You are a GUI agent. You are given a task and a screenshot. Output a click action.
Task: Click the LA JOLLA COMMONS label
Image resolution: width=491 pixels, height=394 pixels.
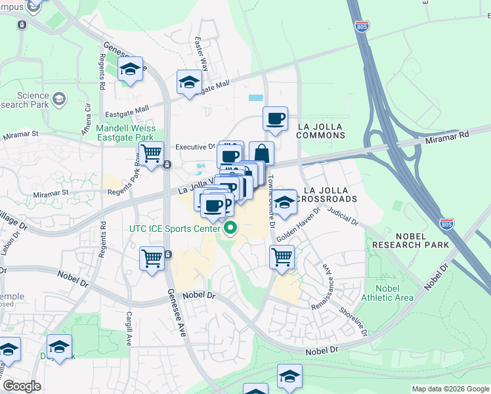(320, 130)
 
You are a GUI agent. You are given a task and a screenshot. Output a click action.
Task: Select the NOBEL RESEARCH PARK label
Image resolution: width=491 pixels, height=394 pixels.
(410, 239)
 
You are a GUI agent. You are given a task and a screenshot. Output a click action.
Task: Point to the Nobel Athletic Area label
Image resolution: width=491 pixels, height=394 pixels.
(395, 293)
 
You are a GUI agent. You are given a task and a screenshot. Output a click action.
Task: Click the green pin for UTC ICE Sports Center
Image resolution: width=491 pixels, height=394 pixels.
(230, 229)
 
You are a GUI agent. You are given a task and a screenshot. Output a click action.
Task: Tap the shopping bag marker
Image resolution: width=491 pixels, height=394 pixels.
(261, 154)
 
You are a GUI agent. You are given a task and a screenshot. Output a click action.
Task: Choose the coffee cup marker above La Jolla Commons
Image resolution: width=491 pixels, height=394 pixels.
(276, 119)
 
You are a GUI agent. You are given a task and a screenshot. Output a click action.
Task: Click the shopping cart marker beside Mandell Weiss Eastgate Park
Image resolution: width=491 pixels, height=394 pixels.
(152, 154)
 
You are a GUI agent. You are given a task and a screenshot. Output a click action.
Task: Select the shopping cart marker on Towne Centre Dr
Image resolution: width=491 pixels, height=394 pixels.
(282, 255)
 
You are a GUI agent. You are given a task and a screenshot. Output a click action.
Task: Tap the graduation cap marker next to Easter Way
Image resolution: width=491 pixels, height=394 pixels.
(189, 83)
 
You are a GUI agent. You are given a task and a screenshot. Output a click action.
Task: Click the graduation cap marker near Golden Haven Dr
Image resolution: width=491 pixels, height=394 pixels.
(284, 202)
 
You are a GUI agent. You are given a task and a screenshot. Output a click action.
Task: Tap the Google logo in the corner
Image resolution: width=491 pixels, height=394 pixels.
(22, 386)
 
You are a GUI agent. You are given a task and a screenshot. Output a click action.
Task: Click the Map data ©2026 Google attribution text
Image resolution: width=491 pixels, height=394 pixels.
(450, 389)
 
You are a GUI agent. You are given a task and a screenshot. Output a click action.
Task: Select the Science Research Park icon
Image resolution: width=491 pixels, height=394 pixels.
(59, 98)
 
